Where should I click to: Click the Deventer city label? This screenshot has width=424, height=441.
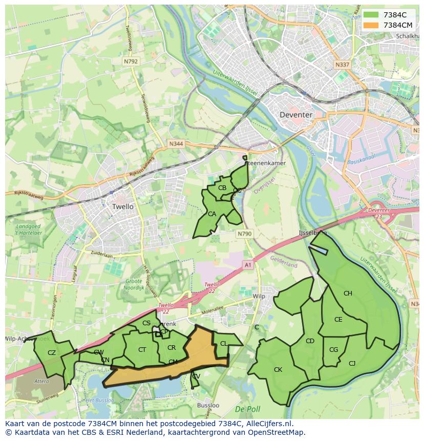[295, 115]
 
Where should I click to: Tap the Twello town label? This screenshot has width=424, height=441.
[122, 206]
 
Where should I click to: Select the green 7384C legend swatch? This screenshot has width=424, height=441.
[371, 15]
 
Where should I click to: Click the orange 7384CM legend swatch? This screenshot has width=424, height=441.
[371, 25]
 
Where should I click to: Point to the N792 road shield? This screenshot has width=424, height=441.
[131, 61]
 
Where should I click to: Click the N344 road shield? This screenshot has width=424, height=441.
[176, 144]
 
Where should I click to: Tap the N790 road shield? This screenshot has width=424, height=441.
[245, 234]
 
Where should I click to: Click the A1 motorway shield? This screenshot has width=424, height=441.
[248, 265]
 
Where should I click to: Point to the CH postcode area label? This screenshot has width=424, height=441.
[348, 293]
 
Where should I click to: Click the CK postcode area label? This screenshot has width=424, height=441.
[278, 369]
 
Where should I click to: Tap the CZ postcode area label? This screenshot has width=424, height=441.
[52, 352]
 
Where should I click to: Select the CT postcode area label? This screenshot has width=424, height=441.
[142, 350]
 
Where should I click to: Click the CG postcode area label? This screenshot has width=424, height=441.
[334, 350]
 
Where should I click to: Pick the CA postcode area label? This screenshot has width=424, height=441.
[212, 214]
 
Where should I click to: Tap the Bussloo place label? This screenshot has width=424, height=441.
[208, 405]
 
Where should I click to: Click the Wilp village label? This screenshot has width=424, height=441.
[259, 297]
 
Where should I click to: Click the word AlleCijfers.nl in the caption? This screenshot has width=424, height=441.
[268, 424]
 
